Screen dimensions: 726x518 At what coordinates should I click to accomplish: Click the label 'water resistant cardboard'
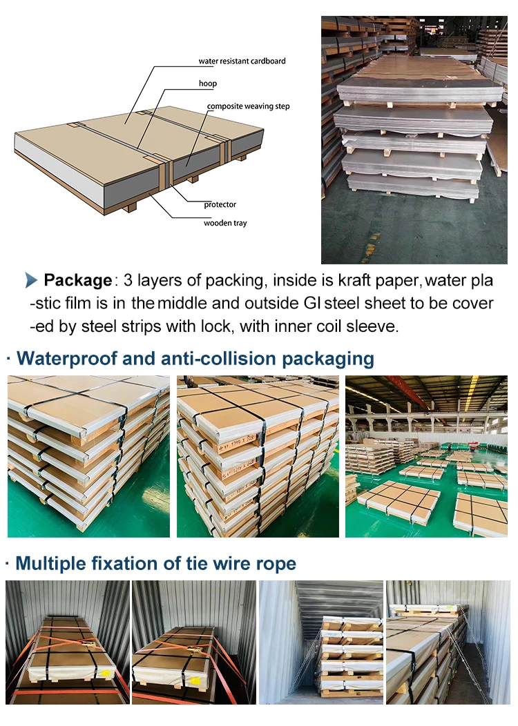[242, 61]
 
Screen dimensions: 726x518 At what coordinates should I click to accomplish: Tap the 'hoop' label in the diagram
[207, 84]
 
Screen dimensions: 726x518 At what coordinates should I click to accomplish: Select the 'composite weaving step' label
[249, 106]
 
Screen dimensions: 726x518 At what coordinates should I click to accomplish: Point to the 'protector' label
[220, 205]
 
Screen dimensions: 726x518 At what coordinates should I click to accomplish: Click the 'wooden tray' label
[225, 223]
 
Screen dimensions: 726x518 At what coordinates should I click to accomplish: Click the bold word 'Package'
[77, 280]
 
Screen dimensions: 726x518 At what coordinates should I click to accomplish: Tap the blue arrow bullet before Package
[31, 280]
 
